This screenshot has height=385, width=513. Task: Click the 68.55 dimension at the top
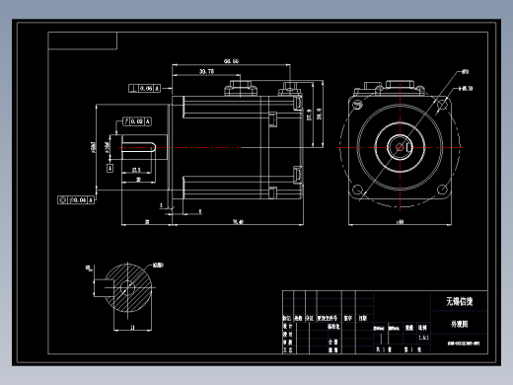tap(232, 61)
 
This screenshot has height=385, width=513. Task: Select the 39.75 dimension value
tap(206, 71)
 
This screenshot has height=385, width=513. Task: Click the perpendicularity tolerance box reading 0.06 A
tap(145, 89)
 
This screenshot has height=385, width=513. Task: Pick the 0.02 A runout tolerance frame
tap(135, 121)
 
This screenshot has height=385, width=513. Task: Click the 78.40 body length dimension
tap(237, 222)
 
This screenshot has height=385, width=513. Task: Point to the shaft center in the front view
tap(400, 145)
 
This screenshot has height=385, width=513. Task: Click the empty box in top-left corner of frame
tap(83, 40)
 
